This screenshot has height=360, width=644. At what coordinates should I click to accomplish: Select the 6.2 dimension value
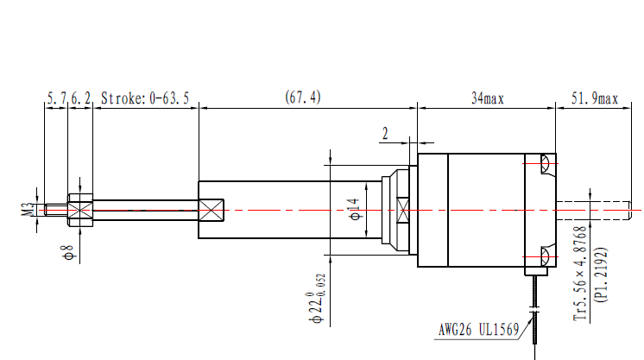pyautogui.click(x=80, y=98)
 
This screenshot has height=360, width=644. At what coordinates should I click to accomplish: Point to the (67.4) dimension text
pyautogui.click(x=303, y=98)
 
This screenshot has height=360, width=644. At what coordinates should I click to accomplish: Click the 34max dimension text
pyautogui.click(x=488, y=98)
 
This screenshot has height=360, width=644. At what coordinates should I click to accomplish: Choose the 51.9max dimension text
pyautogui.click(x=596, y=98)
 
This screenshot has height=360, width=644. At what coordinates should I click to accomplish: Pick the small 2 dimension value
pyautogui.click(x=385, y=133)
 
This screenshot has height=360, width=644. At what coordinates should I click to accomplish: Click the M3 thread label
pyautogui.click(x=28, y=208)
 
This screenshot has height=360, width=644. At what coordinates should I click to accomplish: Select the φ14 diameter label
pyautogui.click(x=353, y=210)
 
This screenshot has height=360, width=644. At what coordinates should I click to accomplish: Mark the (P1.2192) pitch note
pyautogui.click(x=602, y=275)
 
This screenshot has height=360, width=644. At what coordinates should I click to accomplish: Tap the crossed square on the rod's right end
pyautogui.click(x=212, y=210)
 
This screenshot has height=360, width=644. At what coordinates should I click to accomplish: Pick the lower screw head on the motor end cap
pyautogui.click(x=544, y=255)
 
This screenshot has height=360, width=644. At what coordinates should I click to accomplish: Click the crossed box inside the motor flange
pyautogui.click(x=401, y=210)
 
